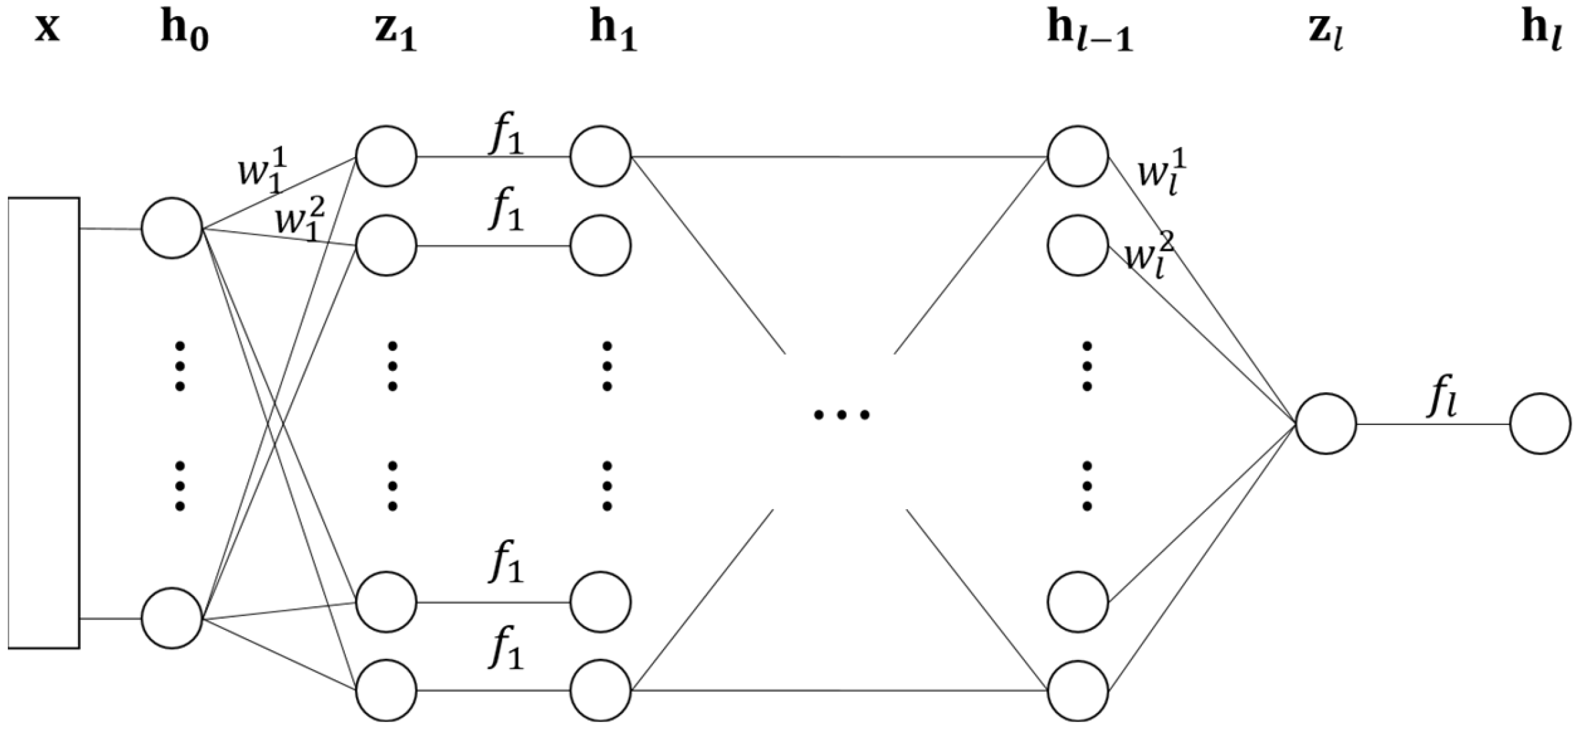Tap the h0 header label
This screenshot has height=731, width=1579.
click(x=184, y=33)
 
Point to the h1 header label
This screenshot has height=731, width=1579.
click(x=613, y=33)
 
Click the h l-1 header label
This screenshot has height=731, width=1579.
click(x=1089, y=33)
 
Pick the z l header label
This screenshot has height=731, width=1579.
click(x=1325, y=33)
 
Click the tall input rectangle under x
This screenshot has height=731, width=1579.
click(x=44, y=422)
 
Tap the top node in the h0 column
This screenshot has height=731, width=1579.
click(x=172, y=229)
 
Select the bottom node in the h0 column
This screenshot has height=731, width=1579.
click(x=172, y=618)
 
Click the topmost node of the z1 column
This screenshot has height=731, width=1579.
click(x=386, y=156)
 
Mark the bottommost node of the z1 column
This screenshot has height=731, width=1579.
click(x=386, y=690)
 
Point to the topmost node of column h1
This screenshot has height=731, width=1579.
click(x=600, y=156)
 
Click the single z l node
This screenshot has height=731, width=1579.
click(x=1326, y=424)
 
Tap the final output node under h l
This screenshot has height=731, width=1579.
click(x=1540, y=424)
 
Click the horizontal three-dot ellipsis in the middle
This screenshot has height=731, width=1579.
click(x=841, y=415)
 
